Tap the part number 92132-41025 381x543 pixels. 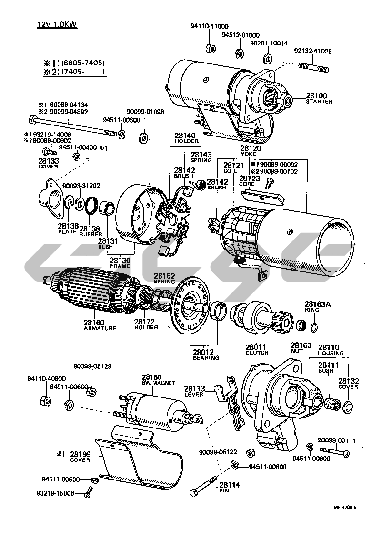coord(313,51)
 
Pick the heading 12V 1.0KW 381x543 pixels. coord(57,24)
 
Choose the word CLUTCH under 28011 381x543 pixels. coord(258,353)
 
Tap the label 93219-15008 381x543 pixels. coord(58,493)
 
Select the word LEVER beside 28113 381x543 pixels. coord(194,394)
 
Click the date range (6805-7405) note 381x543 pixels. coord(82,63)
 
